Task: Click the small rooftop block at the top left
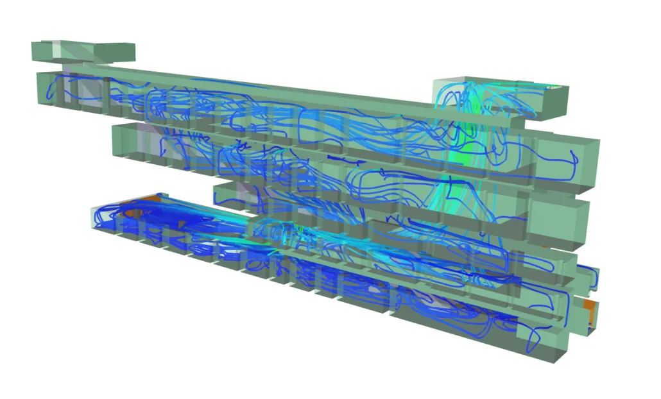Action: coord(82,51)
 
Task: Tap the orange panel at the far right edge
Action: coord(591,314)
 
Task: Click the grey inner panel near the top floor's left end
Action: coord(90,90)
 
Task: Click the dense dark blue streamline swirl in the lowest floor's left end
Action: coord(148,221)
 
